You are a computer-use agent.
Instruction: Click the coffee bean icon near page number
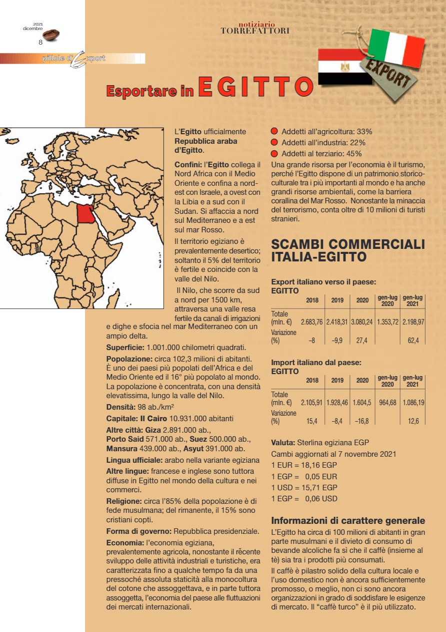50,35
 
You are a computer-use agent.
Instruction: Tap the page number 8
40,42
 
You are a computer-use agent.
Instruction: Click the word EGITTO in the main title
255,86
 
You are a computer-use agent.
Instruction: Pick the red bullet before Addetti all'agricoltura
274,132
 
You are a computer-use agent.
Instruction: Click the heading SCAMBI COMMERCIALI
347,245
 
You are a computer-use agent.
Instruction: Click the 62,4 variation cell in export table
413,341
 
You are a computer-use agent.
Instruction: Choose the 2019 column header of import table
337,380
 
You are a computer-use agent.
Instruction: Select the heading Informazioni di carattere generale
348,520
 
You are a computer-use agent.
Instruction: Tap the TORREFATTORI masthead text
255,31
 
